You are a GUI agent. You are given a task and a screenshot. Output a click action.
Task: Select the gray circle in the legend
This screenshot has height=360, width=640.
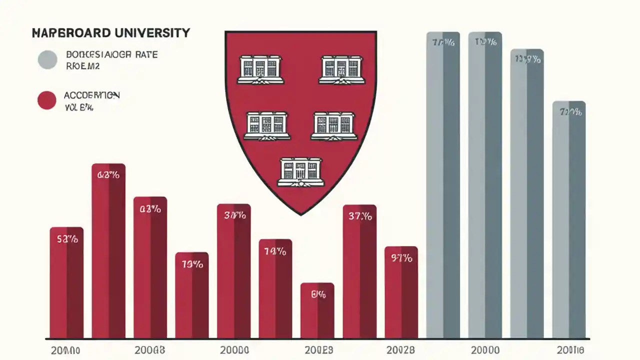coord(47,59)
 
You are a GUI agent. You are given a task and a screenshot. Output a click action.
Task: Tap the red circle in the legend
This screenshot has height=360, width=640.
coord(47,100)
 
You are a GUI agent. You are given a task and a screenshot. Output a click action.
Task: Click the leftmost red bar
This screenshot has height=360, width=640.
coord(66,283)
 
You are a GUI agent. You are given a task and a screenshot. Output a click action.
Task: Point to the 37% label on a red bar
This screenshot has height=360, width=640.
coord(360,216)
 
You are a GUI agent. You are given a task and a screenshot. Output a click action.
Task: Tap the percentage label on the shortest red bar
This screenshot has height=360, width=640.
coord(318,295)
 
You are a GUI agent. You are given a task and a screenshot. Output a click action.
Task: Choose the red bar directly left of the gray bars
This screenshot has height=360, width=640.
coord(401,292)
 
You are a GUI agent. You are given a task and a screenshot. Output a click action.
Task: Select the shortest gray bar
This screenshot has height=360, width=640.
coord(569,220)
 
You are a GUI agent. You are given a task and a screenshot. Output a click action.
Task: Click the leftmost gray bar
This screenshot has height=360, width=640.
coord(443,185)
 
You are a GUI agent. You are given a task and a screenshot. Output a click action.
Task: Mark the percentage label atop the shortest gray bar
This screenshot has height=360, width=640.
coord(570,112)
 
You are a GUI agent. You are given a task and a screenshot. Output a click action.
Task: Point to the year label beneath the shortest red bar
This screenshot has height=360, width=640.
coord(318,349)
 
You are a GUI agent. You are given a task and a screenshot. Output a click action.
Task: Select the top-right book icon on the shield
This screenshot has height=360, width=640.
coord(340,69)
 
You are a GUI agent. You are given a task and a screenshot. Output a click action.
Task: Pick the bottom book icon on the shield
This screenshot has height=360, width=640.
coord(300,172)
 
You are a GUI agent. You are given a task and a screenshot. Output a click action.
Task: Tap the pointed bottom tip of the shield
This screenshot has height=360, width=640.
coord(301,214)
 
